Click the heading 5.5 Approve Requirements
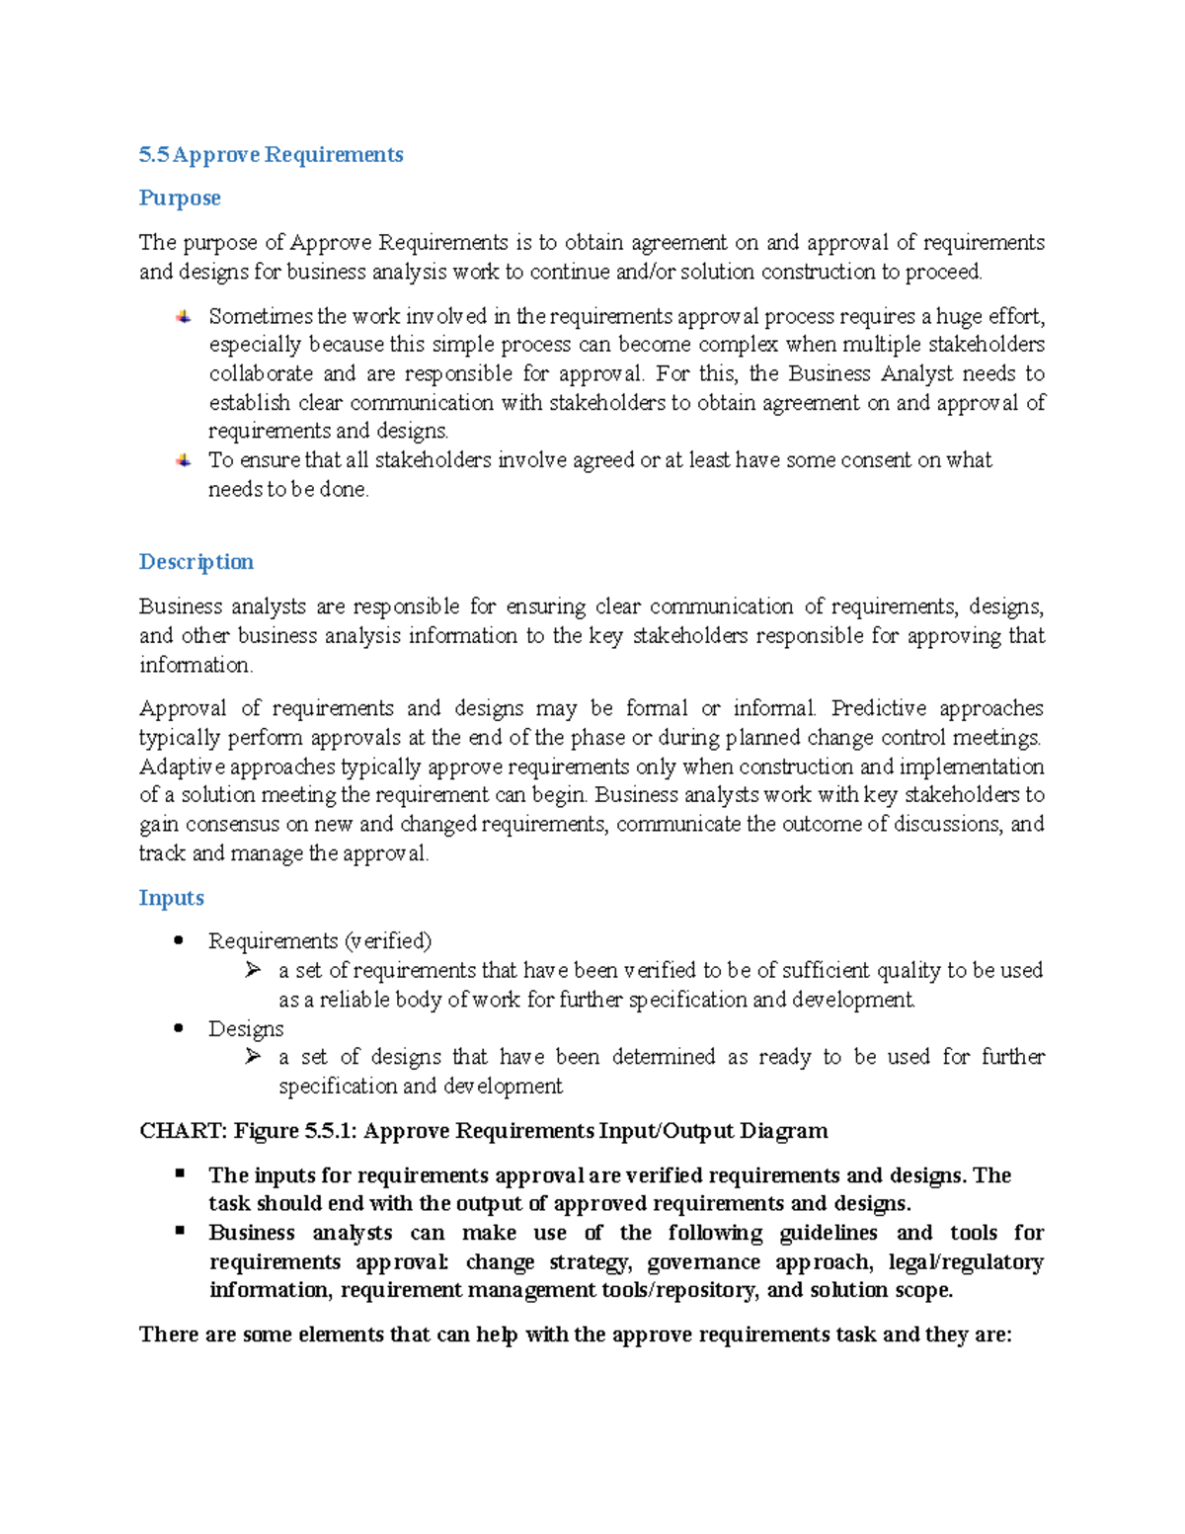click(x=271, y=155)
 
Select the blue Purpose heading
click(x=179, y=199)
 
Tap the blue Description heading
click(x=196, y=562)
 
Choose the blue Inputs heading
click(x=171, y=898)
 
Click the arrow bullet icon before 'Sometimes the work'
click(x=183, y=317)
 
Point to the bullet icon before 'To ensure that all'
click(x=183, y=460)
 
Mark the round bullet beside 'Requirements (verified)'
click(x=179, y=940)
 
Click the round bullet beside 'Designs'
click(x=179, y=1028)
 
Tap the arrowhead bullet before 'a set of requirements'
click(x=253, y=970)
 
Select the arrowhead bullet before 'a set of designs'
click(x=253, y=1057)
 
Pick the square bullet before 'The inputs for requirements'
click(x=180, y=1173)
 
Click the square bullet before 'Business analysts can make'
click(x=180, y=1231)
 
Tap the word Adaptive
click(x=182, y=767)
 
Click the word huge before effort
click(x=959, y=317)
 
